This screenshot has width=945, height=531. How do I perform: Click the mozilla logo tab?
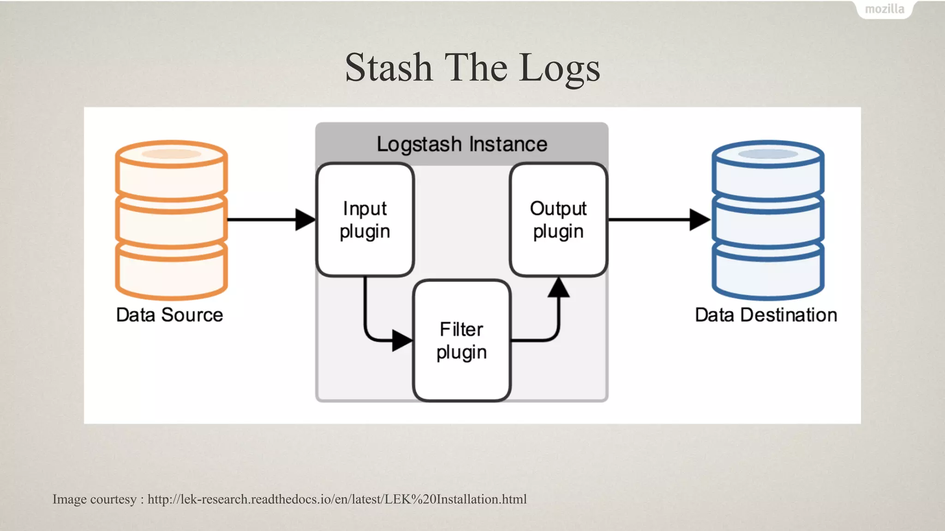(884, 9)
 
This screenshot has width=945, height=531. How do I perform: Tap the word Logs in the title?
(559, 68)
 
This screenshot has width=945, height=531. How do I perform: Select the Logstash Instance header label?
(462, 144)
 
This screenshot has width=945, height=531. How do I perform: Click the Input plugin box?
(365, 220)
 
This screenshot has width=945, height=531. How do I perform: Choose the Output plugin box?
(558, 220)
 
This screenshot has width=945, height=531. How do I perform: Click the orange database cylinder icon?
(171, 220)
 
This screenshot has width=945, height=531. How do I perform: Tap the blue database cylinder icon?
(768, 220)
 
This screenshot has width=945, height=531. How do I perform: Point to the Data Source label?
(169, 315)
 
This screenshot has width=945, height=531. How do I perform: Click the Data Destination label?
(766, 315)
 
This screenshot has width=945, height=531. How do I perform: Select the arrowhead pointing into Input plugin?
(305, 220)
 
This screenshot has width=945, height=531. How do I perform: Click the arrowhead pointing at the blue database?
(699, 220)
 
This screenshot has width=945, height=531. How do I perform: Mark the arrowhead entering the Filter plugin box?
(401, 341)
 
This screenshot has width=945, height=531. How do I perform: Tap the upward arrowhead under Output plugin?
(559, 288)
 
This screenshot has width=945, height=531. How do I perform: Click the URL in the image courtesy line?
(337, 499)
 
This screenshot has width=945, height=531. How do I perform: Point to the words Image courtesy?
(95, 499)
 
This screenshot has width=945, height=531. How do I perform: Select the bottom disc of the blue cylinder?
(768, 272)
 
